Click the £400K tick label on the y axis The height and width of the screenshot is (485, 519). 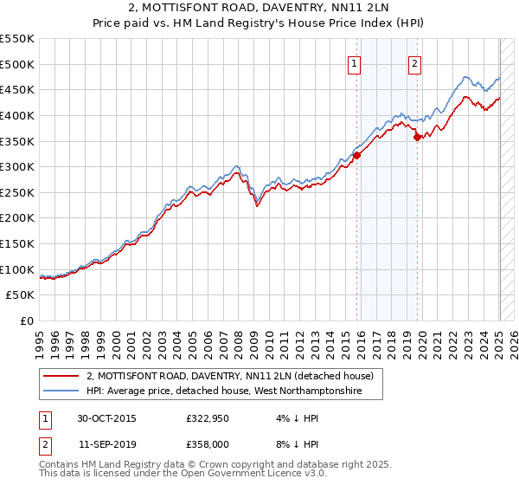point(17,115)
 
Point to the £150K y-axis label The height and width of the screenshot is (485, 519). point(17,244)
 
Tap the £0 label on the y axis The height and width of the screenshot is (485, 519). point(26,321)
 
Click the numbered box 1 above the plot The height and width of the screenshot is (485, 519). point(355,62)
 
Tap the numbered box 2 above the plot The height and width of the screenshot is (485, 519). point(415,62)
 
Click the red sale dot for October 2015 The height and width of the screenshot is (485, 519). point(357,155)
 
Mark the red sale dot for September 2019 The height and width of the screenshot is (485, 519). point(417,137)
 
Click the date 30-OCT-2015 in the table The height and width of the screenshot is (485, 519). point(106,417)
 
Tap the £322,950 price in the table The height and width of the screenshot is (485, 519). point(204,417)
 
